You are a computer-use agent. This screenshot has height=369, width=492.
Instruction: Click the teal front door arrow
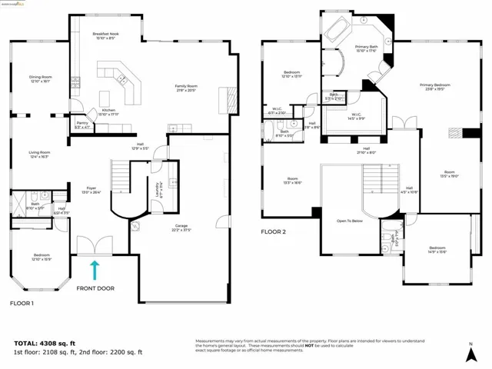tap(95, 270)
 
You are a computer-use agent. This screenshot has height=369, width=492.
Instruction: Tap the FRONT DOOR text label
tap(95, 289)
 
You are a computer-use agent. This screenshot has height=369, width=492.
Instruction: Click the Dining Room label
tap(41, 78)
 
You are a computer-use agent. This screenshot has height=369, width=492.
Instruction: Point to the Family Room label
tap(186, 88)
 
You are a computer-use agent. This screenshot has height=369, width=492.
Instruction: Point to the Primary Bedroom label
tap(435, 87)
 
